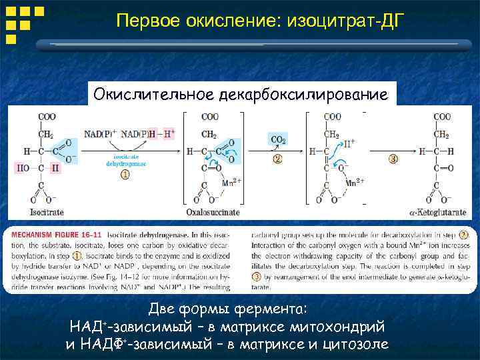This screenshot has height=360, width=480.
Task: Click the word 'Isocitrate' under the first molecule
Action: [47, 212]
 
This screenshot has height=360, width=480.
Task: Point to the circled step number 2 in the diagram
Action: [277, 159]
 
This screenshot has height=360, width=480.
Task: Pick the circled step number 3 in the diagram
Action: [393, 159]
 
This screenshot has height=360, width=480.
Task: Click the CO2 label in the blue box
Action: [278, 140]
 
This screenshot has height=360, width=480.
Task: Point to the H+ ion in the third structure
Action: [348, 142]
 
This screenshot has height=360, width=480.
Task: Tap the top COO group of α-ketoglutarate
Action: [442, 117]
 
